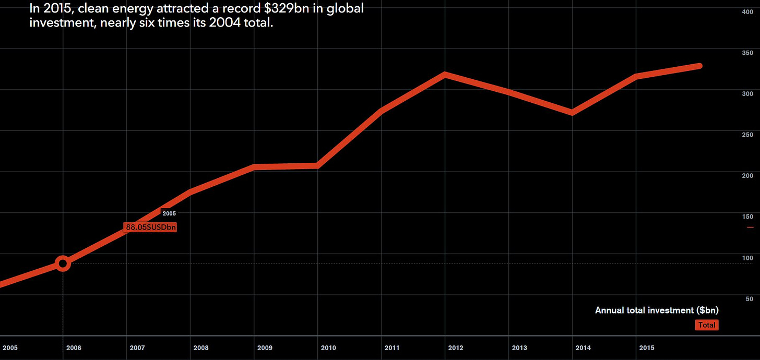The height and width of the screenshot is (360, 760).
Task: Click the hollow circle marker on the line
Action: click(63, 263)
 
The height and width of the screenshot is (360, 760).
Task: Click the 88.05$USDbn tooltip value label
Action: click(150, 227)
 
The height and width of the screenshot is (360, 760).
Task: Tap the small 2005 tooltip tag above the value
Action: click(169, 213)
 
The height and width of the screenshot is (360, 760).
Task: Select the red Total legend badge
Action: click(707, 325)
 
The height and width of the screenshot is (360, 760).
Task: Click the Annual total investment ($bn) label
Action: click(657, 310)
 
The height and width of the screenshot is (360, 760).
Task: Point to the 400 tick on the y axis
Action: click(747, 11)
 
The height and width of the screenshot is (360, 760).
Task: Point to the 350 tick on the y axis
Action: click(747, 53)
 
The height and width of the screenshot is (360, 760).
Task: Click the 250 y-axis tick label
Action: click(747, 135)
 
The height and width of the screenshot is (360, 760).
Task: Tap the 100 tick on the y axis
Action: click(747, 258)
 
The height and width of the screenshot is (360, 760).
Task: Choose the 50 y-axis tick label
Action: click(749, 298)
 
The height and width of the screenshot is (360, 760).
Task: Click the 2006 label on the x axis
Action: click(74, 347)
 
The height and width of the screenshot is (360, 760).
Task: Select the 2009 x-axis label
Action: click(265, 347)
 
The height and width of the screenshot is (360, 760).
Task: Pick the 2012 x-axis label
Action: click(456, 347)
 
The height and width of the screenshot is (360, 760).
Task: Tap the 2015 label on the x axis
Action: click(647, 347)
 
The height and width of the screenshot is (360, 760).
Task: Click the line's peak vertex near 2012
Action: click(444, 75)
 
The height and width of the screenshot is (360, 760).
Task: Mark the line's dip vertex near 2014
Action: click(573, 113)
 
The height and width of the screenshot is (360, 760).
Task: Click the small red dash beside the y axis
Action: click(750, 227)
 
